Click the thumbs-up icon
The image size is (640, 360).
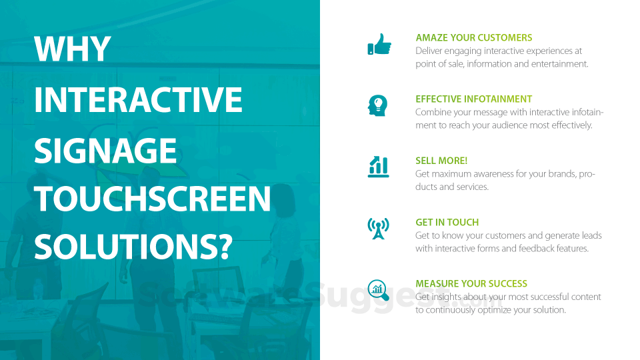click(379, 44)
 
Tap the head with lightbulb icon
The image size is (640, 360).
click(377, 105)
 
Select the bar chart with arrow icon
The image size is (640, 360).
click(379, 167)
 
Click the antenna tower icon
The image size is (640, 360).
click(379, 228)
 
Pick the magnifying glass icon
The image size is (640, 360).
click(379, 290)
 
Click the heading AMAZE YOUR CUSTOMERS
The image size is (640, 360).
click(474, 37)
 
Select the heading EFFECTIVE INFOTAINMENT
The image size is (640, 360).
click(473, 99)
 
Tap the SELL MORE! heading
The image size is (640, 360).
click(441, 161)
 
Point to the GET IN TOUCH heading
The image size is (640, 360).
click(447, 223)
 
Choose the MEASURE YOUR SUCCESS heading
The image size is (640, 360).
click(471, 284)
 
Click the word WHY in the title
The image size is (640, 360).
click(73, 49)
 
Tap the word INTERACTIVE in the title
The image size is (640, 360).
click(139, 99)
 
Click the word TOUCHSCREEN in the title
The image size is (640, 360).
click(153, 199)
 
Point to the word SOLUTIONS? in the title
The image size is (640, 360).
click(133, 247)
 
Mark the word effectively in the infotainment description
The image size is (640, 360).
click(572, 125)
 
